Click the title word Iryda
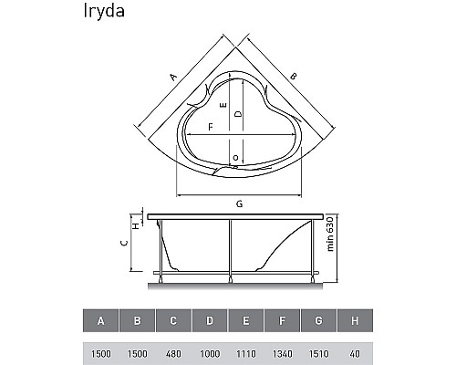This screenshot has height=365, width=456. tap(104, 12)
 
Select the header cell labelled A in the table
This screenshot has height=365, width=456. tap(100, 320)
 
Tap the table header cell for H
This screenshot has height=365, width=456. tap(355, 320)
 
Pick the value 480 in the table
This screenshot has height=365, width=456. tap(173, 354)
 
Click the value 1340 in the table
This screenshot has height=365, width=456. tap(283, 354)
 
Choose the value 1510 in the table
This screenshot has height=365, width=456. tap(318, 354)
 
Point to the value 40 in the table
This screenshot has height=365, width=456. tap(355, 354)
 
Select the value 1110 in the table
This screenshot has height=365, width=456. tap(246, 354)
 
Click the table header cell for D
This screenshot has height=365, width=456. tap(210, 320)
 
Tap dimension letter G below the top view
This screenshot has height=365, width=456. tap(239, 203)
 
